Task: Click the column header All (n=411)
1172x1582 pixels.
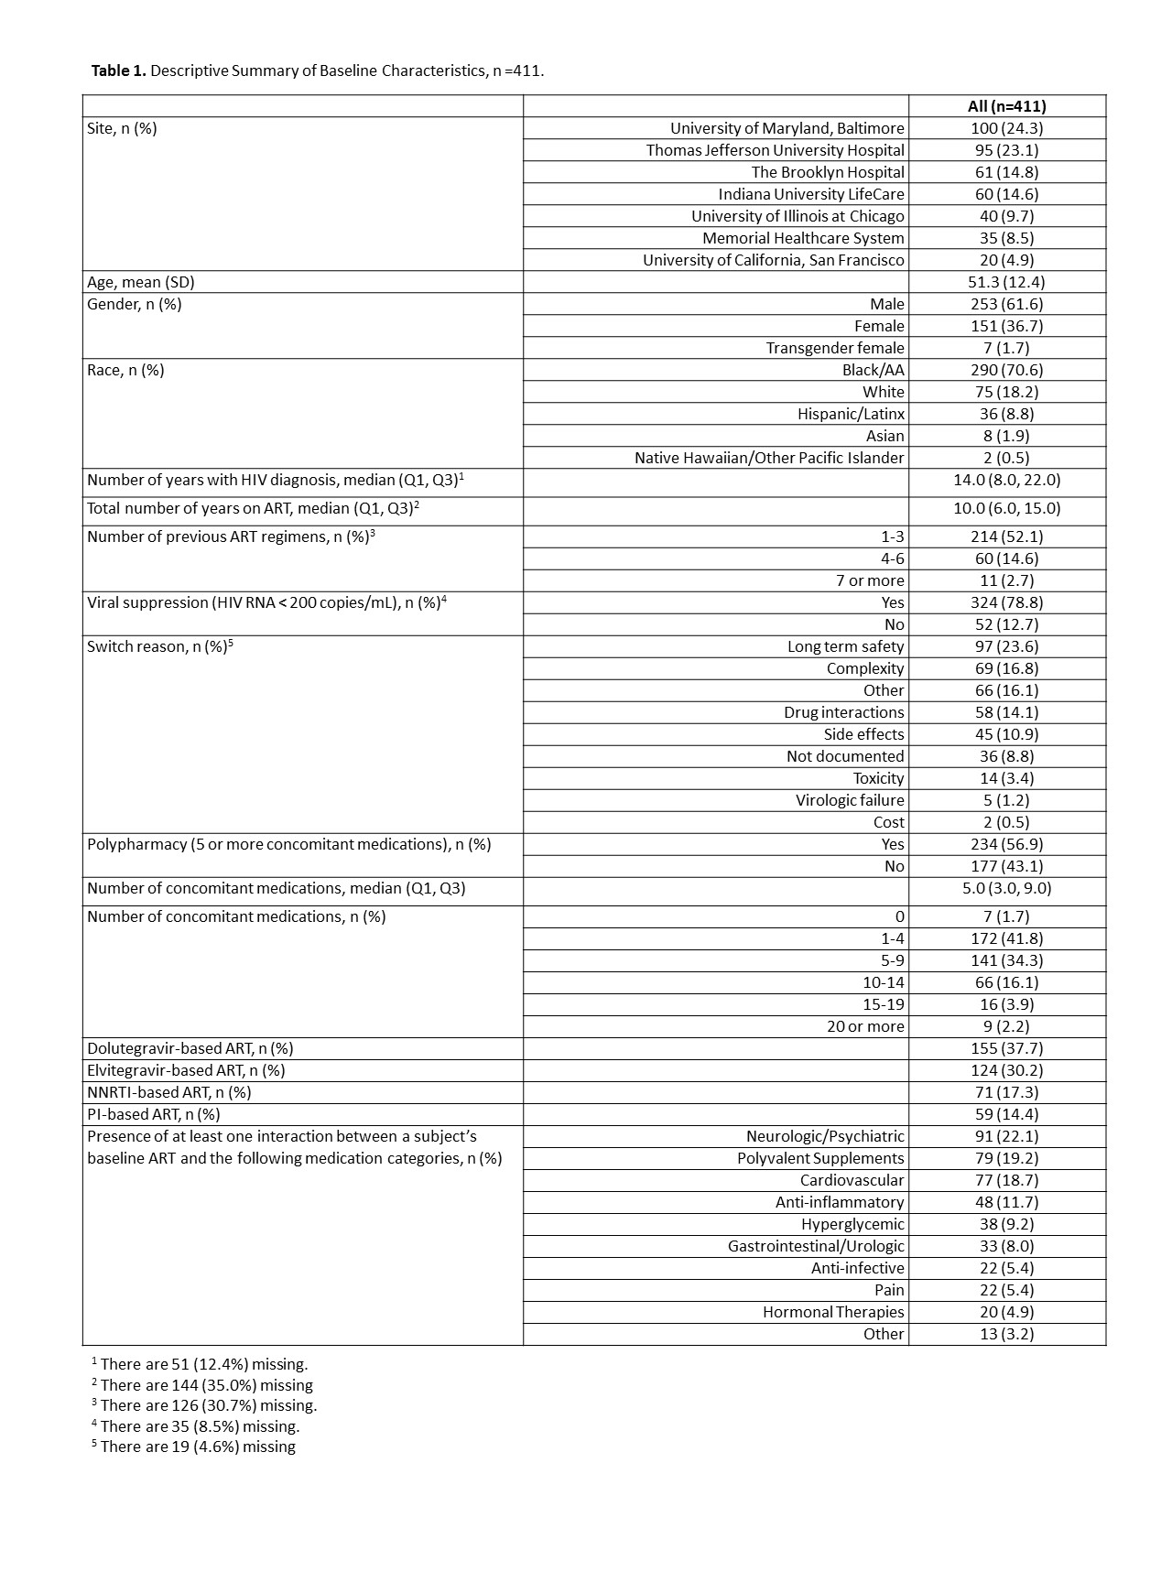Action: (1006, 106)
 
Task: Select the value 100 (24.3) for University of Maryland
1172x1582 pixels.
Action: (1006, 128)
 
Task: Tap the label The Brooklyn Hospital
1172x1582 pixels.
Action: (827, 172)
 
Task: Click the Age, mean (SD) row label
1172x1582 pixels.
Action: (141, 282)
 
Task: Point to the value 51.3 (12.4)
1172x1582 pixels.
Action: (1006, 282)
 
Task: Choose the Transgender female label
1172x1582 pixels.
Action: (834, 348)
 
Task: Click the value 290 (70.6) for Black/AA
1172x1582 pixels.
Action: (1006, 370)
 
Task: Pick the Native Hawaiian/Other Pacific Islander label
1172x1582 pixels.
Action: (769, 458)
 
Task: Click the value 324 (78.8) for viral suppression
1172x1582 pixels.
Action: (1006, 602)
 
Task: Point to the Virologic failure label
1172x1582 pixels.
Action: (849, 800)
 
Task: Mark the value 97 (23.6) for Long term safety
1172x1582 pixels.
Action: (1006, 646)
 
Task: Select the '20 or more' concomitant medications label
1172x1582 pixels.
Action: (864, 1026)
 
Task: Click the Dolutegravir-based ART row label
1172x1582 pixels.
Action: (190, 1048)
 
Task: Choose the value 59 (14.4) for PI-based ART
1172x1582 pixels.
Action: (1006, 1114)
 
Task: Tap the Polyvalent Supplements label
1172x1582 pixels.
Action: (819, 1158)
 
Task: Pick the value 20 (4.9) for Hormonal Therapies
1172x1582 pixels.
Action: (1006, 1312)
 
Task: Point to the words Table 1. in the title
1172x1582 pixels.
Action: (118, 70)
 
